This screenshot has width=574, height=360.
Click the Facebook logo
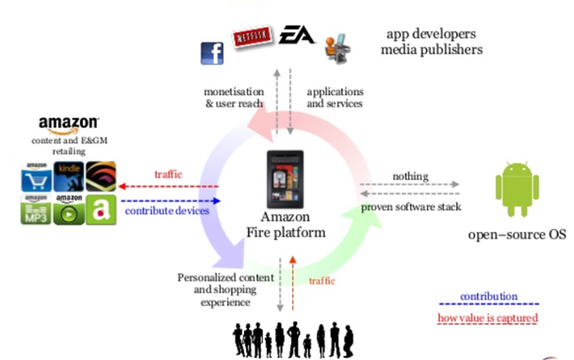(x=212, y=53)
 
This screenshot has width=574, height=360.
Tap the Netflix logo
(x=252, y=37)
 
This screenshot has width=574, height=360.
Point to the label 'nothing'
(x=409, y=175)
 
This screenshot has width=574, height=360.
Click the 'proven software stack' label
(x=409, y=205)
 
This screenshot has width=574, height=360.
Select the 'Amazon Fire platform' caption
(x=286, y=224)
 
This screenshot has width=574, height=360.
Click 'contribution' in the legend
(x=488, y=297)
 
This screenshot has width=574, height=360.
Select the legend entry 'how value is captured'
(x=488, y=319)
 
